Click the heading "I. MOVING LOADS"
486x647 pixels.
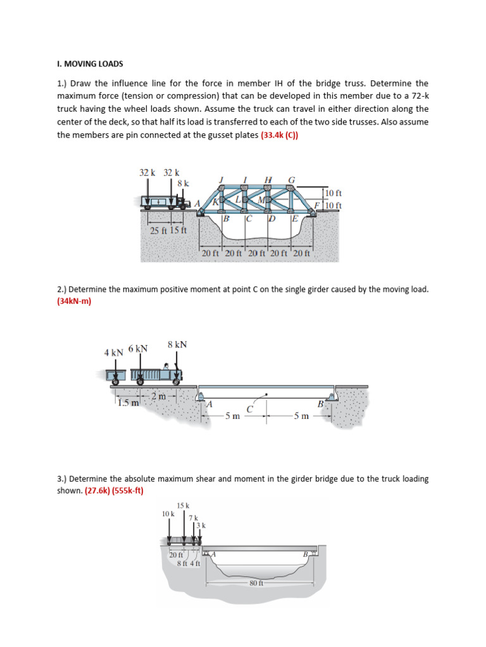click(90, 64)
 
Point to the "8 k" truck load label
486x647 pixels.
click(183, 183)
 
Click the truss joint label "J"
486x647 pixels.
click(221, 179)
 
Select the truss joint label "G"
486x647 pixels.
click(291, 179)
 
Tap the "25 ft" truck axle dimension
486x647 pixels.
click(158, 230)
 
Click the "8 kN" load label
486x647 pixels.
click(177, 344)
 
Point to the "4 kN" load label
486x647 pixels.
click(114, 353)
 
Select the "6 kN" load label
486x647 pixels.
click(137, 348)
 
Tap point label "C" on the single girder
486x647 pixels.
click(250, 409)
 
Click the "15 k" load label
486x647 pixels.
click(183, 505)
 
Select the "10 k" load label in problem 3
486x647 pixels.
click(168, 514)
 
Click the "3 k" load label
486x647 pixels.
click(201, 525)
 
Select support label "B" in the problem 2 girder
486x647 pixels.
click(320, 404)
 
